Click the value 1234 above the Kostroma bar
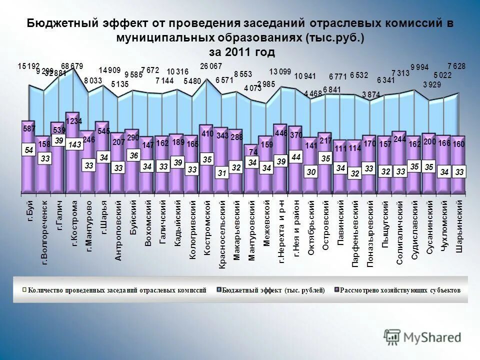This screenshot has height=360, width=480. pos(74,121)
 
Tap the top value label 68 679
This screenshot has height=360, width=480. pos(72,65)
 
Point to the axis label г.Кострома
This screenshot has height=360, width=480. pos(74,223)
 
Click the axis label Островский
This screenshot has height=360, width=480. pos(325,225)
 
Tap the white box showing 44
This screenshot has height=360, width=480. pos(296,156)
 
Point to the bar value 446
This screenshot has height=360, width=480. pos(281,133)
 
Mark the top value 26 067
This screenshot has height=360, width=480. pos(211,66)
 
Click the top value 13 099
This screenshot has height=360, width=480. pos(280,71)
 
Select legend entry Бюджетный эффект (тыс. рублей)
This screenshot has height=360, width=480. pos(273,290)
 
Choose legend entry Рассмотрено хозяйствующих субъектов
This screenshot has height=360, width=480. pos(400,290)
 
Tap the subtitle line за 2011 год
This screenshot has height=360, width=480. pos(241,52)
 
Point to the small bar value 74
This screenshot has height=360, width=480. pos(253,151)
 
